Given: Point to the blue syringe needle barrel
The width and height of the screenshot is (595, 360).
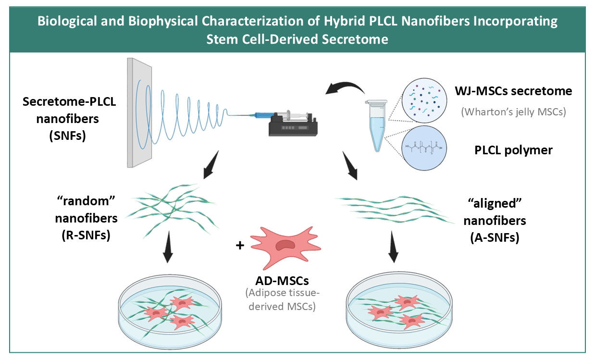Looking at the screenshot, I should (x=256, y=115).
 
